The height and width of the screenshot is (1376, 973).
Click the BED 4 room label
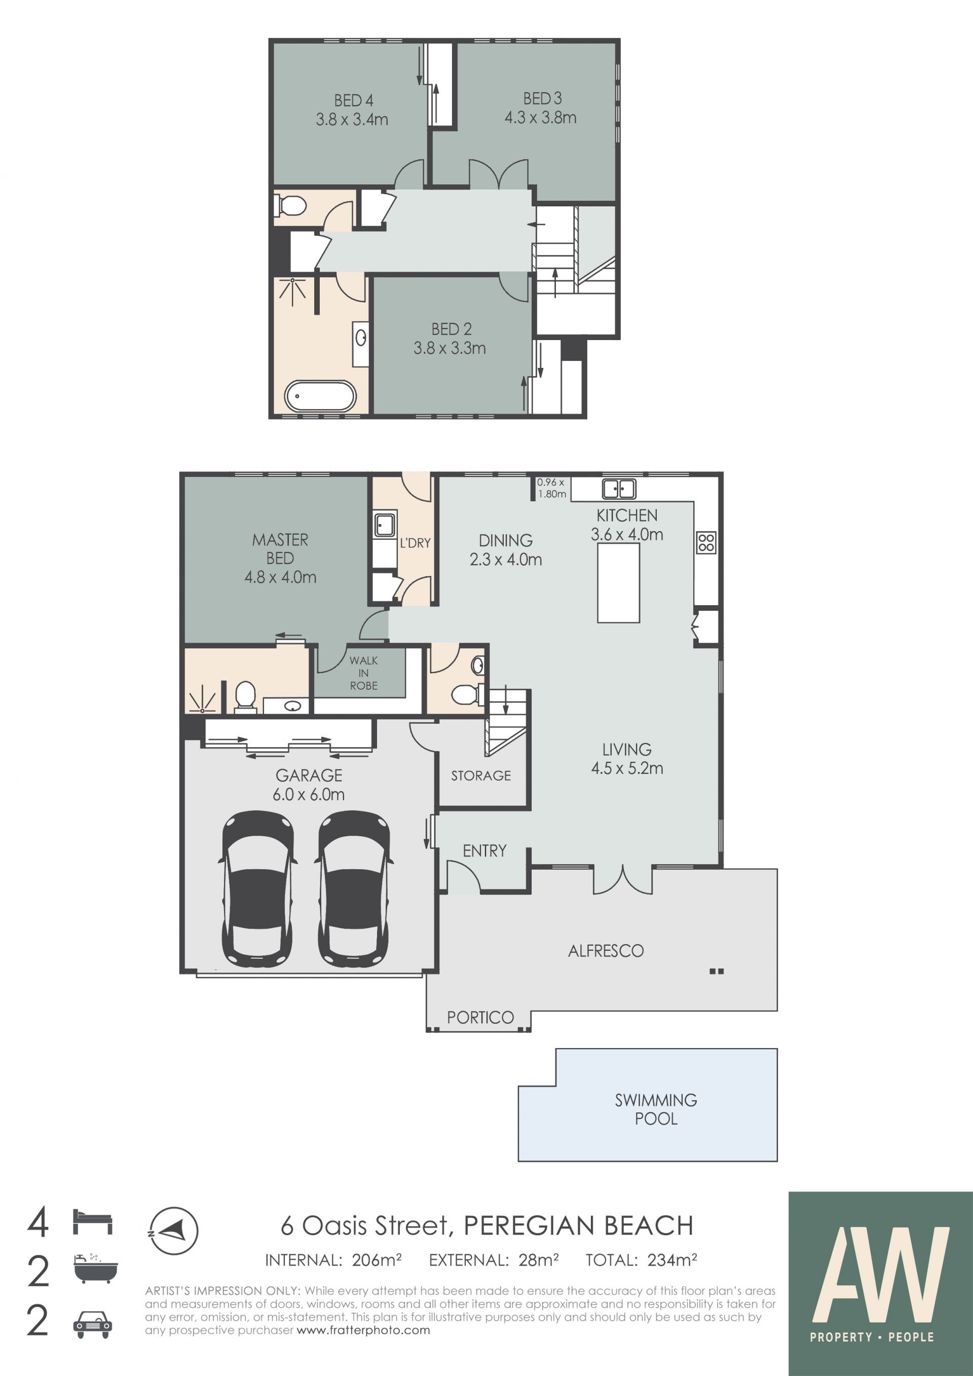tap(354, 100)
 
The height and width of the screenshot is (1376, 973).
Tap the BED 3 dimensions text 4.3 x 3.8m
tap(540, 118)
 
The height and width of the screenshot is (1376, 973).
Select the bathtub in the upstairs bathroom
tap(320, 396)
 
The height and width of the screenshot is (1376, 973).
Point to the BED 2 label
tap(451, 329)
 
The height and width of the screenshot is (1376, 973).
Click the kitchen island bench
tap(618, 582)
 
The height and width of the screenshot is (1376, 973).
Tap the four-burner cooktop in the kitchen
tap(706, 542)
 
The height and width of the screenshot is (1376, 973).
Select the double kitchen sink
tap(619, 489)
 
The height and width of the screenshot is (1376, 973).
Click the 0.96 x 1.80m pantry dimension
tap(551, 488)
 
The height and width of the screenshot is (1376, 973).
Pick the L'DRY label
tap(415, 543)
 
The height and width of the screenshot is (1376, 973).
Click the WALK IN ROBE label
tap(364, 673)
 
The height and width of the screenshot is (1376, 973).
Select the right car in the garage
tap(354, 889)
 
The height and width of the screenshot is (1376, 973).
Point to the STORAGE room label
tap(481, 775)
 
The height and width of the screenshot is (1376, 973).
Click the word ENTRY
tap(484, 850)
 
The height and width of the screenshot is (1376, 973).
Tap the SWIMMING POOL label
tap(656, 1109)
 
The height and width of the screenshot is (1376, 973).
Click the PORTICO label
tap(480, 1018)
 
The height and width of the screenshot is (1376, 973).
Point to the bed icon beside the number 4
tap(92, 1222)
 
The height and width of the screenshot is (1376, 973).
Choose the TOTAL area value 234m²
tap(672, 1260)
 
